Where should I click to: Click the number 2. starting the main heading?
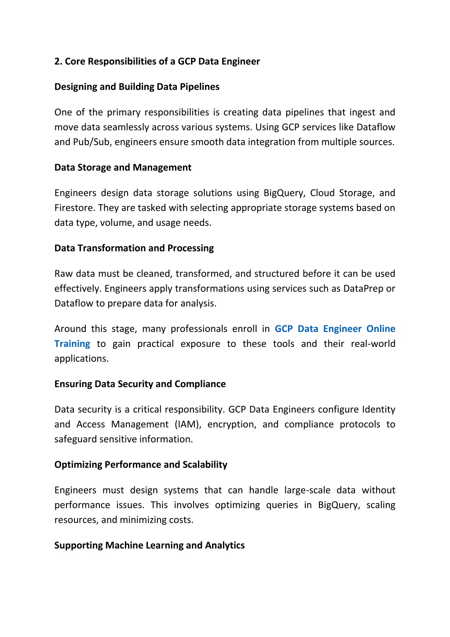point(59,62)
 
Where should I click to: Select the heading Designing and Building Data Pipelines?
point(137,87)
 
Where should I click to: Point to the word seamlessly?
point(126,127)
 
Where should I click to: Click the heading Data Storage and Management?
point(123,168)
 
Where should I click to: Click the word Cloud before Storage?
point(322,193)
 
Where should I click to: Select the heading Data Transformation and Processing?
point(134,248)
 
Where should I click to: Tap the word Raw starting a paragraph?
point(63,274)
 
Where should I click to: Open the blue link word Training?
point(72,344)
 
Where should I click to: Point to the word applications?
point(81,359)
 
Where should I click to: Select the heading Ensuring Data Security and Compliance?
point(140,384)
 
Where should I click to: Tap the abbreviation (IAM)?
point(188,424)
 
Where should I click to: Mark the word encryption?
point(231,424)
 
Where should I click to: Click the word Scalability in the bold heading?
point(205,465)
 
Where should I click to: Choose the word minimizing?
point(143,520)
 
